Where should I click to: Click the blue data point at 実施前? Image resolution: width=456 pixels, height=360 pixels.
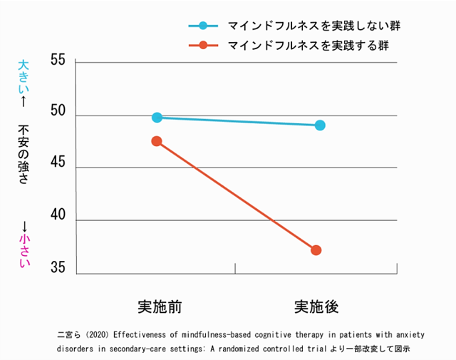[157, 117]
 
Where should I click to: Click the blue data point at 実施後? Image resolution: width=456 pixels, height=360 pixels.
[320, 125]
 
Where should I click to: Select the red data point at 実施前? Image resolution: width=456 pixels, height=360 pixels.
[157, 141]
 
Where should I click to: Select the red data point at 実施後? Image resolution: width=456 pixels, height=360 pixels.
[316, 250]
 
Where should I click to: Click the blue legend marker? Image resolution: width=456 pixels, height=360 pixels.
[203, 26]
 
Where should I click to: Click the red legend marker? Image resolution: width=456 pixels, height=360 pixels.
[203, 46]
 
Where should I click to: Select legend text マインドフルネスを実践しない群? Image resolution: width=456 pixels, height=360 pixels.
[313, 26]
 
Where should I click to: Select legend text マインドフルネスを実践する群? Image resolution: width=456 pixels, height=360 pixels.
[306, 46]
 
